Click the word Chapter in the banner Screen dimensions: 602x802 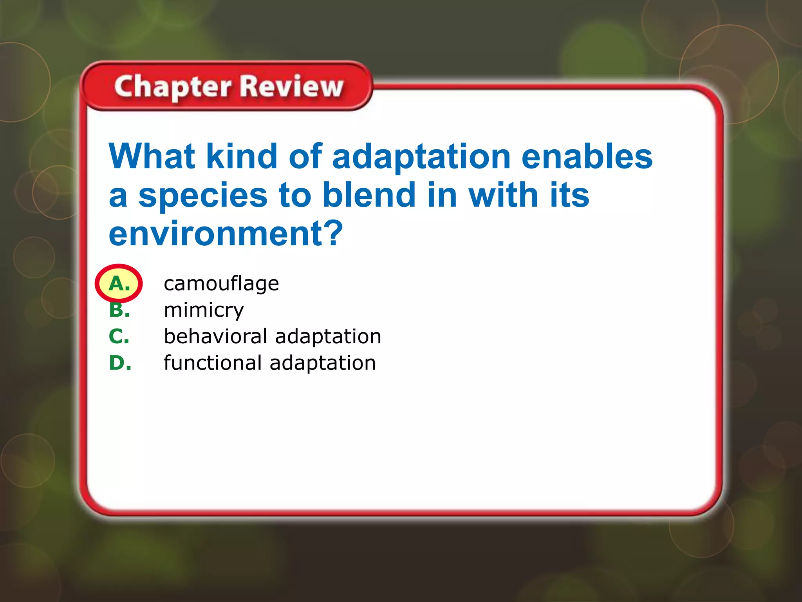[173, 87]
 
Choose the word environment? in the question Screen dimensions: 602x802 [226, 234]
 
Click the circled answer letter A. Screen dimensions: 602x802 [119, 283]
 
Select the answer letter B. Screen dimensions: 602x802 [119, 310]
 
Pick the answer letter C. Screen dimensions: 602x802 [119, 336]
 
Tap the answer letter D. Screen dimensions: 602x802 [120, 363]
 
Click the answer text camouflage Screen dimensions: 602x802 [221, 284]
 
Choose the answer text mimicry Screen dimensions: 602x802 [204, 310]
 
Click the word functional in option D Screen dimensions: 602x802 [213, 363]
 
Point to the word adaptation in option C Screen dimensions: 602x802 [328, 337]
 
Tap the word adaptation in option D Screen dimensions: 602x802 [323, 363]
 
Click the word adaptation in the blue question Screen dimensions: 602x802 [421, 157]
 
